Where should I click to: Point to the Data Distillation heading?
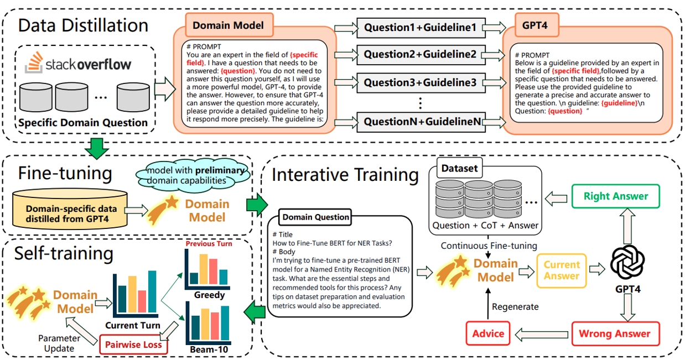coord(83,25)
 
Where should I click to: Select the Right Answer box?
coord(615,196)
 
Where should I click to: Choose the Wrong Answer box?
coord(614,333)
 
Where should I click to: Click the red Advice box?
coord(488,333)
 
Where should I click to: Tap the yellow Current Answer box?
coord(562,270)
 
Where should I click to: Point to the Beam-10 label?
coord(209,350)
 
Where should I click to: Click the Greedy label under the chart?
coord(209,295)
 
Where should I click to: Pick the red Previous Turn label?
coord(209,243)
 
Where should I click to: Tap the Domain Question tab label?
coord(315,217)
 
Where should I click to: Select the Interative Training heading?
coord(345,175)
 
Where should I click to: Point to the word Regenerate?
coord(515,306)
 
